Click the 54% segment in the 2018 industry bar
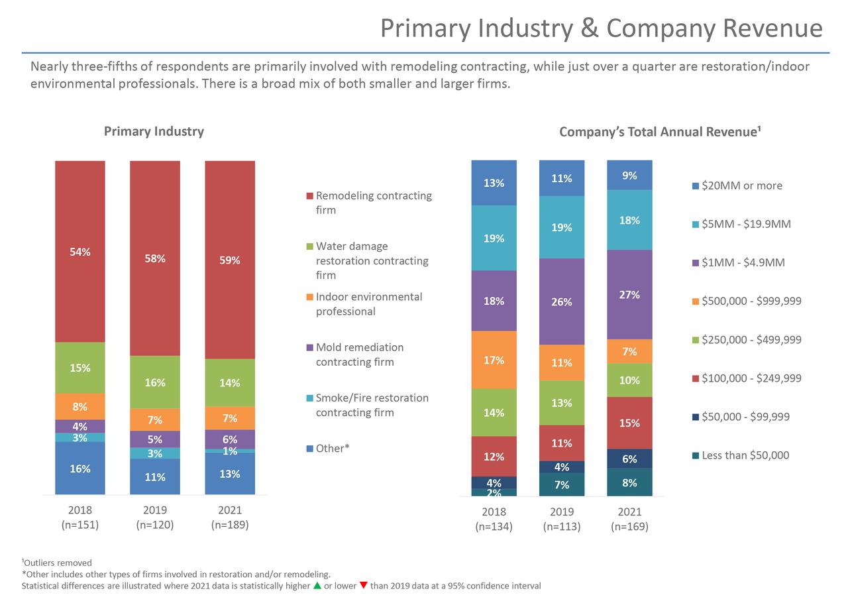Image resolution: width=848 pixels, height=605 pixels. tap(80, 252)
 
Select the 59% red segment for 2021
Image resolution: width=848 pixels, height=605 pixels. tap(230, 260)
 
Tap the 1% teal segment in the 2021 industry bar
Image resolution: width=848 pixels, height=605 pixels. tap(230, 451)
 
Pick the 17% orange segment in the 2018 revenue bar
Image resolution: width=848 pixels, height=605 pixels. tap(494, 360)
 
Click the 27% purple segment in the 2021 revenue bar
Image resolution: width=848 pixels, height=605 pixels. tap(629, 295)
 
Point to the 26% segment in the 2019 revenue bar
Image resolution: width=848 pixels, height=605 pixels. tap(562, 302)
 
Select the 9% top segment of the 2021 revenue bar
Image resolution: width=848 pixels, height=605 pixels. tap(629, 176)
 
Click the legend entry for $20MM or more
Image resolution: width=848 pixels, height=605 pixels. tap(741, 186)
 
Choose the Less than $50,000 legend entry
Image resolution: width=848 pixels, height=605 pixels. tap(745, 455)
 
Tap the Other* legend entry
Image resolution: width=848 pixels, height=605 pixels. tap(332, 449)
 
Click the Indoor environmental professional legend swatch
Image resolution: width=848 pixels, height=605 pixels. tap(309, 298)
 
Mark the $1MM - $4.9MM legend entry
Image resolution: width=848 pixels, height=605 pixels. tap(743, 262)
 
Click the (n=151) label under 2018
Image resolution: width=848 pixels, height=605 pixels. tap(80, 525)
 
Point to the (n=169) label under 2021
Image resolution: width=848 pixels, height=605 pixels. tap(629, 527)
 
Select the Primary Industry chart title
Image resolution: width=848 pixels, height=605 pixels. tap(154, 131)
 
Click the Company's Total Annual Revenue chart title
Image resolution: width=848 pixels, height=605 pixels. tap(659, 132)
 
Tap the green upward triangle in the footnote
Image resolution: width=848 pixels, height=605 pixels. tap(317, 586)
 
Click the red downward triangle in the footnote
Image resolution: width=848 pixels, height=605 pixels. tap(363, 586)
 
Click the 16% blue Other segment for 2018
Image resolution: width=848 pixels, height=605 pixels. tap(80, 468)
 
